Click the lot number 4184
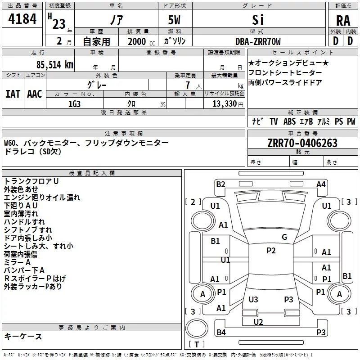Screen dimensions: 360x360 pos(22,20)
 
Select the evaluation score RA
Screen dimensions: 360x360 pos(343,20)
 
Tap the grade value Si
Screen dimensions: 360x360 pos(257,20)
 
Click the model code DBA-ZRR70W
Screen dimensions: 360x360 pos(258,41)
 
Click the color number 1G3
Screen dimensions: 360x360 pos(74,103)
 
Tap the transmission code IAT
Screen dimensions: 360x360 pos(13,94)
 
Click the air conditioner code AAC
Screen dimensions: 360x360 pos(35,94)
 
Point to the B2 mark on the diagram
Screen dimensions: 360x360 pos(220,184)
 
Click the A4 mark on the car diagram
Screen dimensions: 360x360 pos(321,184)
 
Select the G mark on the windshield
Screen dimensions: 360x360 pos(284,237)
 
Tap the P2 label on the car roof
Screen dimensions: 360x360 pos(271,251)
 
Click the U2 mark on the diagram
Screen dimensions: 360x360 pos(258,322)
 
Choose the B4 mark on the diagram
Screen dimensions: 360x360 pos(220,333)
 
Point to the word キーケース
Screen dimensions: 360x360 pos(23,337)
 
